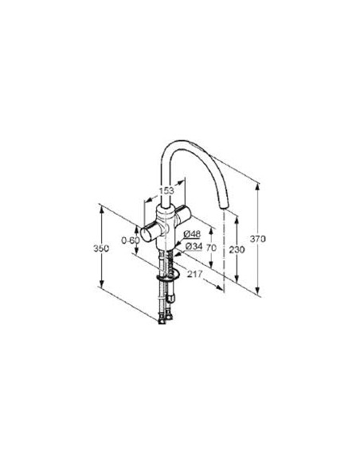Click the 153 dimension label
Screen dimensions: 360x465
166,190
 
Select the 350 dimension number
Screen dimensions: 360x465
101,248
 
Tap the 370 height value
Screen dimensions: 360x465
258,238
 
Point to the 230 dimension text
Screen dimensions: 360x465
237,250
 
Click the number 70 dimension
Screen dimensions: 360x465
211,248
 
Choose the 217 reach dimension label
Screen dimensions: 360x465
194,274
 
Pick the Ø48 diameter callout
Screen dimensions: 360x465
192,234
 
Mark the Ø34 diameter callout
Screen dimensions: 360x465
194,246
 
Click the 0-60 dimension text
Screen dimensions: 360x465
131,240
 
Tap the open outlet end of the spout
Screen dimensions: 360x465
224,206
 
